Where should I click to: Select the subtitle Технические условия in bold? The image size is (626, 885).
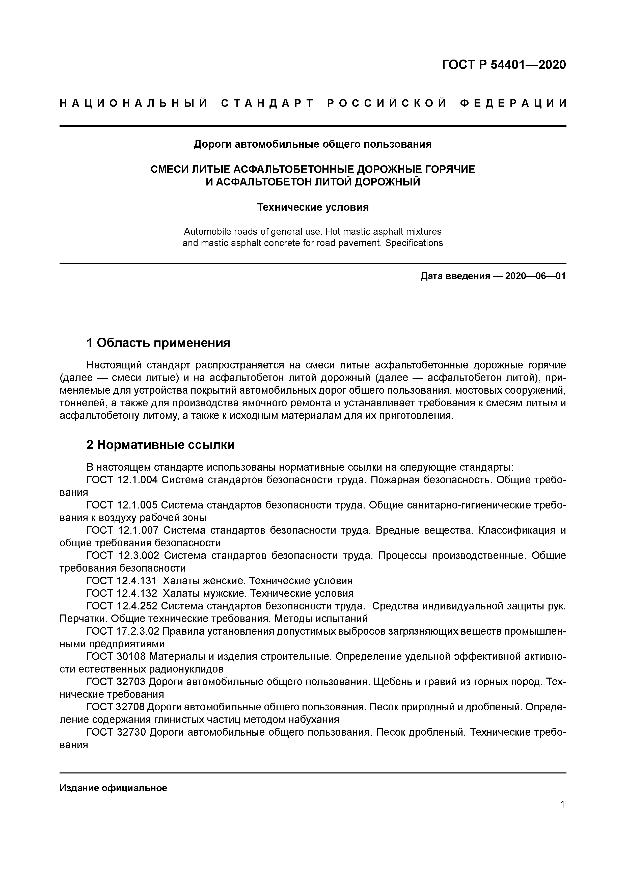pos(313,207)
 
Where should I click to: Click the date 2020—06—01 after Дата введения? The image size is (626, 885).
pos(535,276)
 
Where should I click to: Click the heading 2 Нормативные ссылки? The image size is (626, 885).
pos(160,445)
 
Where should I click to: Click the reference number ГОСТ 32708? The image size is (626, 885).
pos(116,707)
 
